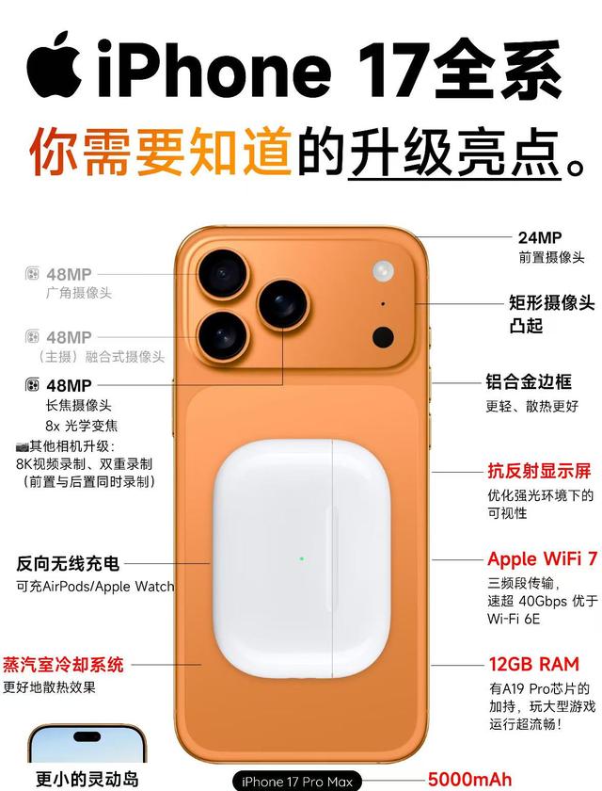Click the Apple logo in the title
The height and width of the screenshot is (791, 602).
[54, 65]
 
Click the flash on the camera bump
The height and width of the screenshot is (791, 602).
[384, 271]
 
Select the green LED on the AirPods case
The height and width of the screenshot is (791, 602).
[301, 559]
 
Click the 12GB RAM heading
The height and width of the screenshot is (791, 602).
[534, 665]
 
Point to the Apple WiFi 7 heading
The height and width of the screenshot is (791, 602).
[542, 559]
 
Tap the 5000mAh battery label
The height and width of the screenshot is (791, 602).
[469, 780]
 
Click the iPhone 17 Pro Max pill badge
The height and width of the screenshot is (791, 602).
[297, 782]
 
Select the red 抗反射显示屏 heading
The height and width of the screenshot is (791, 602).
[539, 471]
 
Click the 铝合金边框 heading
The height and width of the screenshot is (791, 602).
[529, 382]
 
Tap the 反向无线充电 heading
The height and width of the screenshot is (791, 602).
[68, 563]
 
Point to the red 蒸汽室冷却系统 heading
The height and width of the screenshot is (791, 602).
[63, 665]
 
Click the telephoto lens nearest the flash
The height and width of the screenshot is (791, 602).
[283, 305]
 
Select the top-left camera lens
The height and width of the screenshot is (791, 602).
[223, 273]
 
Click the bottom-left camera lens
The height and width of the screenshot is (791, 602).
[223, 336]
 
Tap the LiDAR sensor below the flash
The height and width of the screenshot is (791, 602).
[383, 337]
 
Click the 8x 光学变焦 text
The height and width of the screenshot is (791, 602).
[82, 426]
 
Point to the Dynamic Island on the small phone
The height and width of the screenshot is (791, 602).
[87, 736]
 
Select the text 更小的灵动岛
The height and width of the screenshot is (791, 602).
[87, 779]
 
